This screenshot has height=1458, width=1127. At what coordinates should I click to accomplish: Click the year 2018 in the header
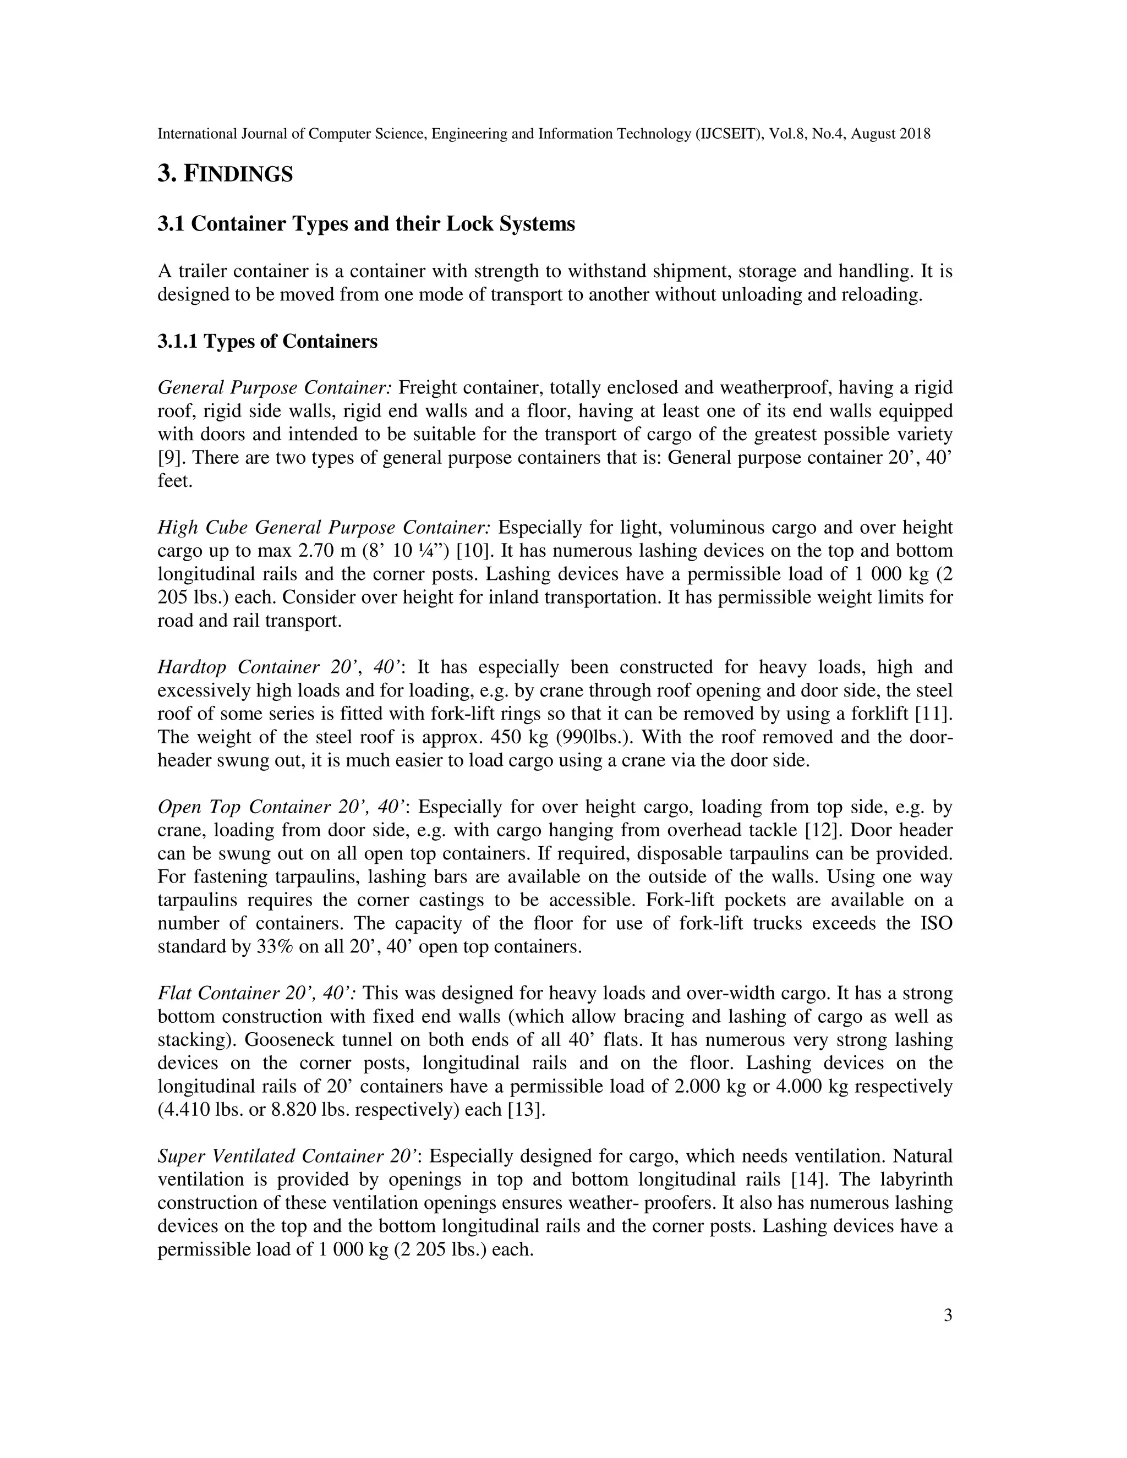coord(915,134)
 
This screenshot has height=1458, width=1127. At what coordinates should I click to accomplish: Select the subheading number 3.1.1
coord(178,342)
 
